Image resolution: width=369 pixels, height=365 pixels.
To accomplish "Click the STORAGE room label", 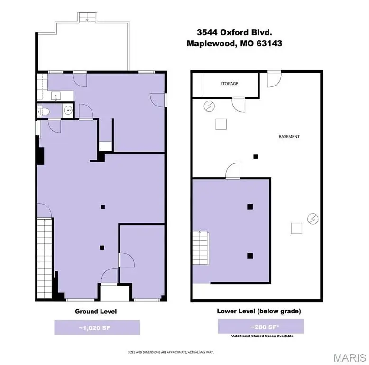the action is [x=229, y=84].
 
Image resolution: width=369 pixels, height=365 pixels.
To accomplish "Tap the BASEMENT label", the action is [x=289, y=137].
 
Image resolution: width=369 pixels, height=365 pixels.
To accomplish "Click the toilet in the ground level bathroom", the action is [x=44, y=112].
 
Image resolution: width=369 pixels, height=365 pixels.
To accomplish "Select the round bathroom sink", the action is [x=68, y=110].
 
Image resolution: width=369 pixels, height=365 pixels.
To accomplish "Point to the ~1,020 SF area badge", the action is [x=97, y=327].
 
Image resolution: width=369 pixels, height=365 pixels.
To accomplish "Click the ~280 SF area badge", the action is [x=260, y=327].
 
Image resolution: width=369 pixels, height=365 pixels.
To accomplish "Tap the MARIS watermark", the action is [x=350, y=358].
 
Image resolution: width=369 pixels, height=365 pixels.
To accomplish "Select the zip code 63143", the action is [x=269, y=43].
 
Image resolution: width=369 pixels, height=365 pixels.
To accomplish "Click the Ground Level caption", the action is [x=96, y=311].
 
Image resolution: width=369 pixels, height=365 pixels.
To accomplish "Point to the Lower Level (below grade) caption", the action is [x=259, y=311].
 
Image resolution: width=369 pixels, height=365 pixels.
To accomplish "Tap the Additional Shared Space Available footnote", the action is [x=262, y=336].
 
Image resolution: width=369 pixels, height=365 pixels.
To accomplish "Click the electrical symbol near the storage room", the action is [x=209, y=106].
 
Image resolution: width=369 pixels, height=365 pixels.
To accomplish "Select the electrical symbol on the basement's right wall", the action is [x=313, y=219].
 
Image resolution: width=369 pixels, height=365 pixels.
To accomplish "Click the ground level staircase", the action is [x=45, y=259].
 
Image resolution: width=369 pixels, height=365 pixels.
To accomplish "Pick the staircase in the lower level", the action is [x=201, y=248].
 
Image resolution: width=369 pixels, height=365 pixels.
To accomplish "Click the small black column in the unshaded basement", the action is [x=255, y=156].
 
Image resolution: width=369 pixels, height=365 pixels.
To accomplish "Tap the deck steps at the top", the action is [x=87, y=17].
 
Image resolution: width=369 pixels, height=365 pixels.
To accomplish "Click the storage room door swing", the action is [x=239, y=105].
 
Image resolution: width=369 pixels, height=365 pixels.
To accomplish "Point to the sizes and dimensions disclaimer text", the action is [x=171, y=352].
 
